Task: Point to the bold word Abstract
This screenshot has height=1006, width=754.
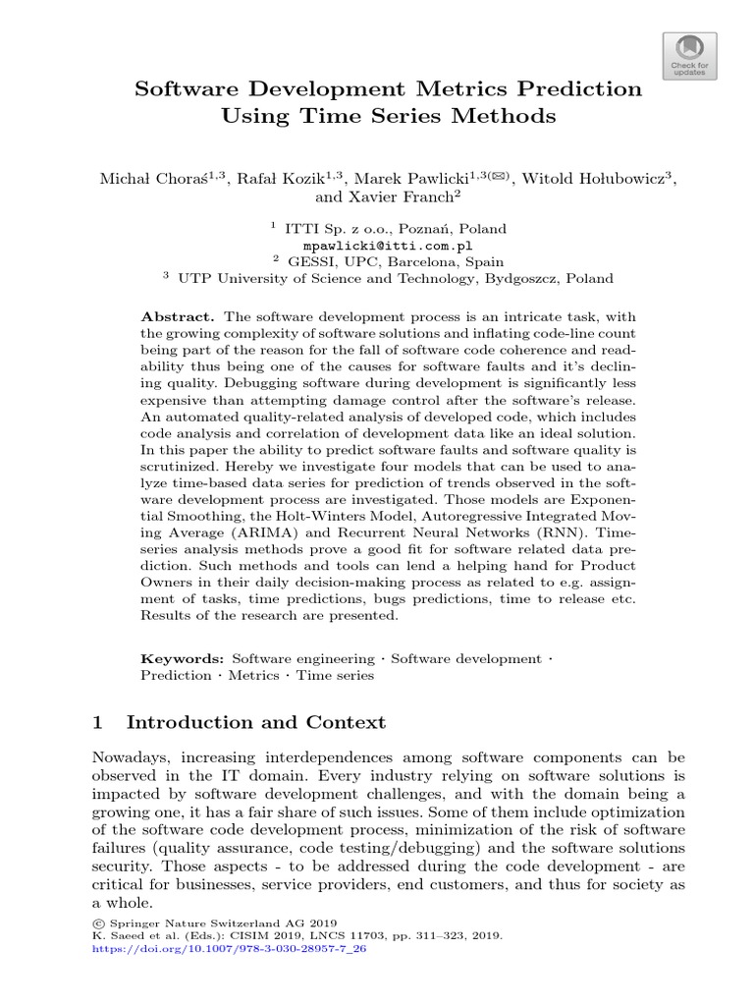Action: (x=178, y=316)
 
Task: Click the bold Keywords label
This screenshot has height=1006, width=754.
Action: (x=184, y=658)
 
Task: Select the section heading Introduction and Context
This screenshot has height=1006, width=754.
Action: (x=256, y=723)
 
